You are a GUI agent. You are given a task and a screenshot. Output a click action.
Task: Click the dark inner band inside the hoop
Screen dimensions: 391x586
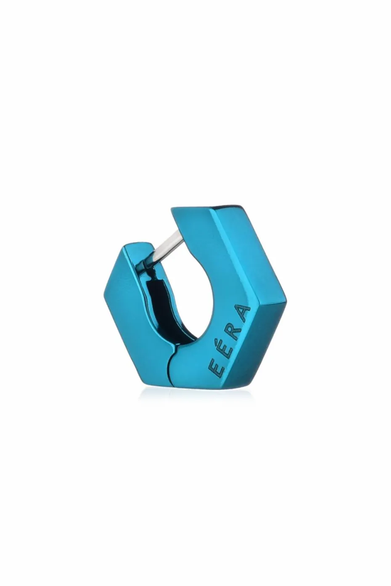[157, 306]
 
